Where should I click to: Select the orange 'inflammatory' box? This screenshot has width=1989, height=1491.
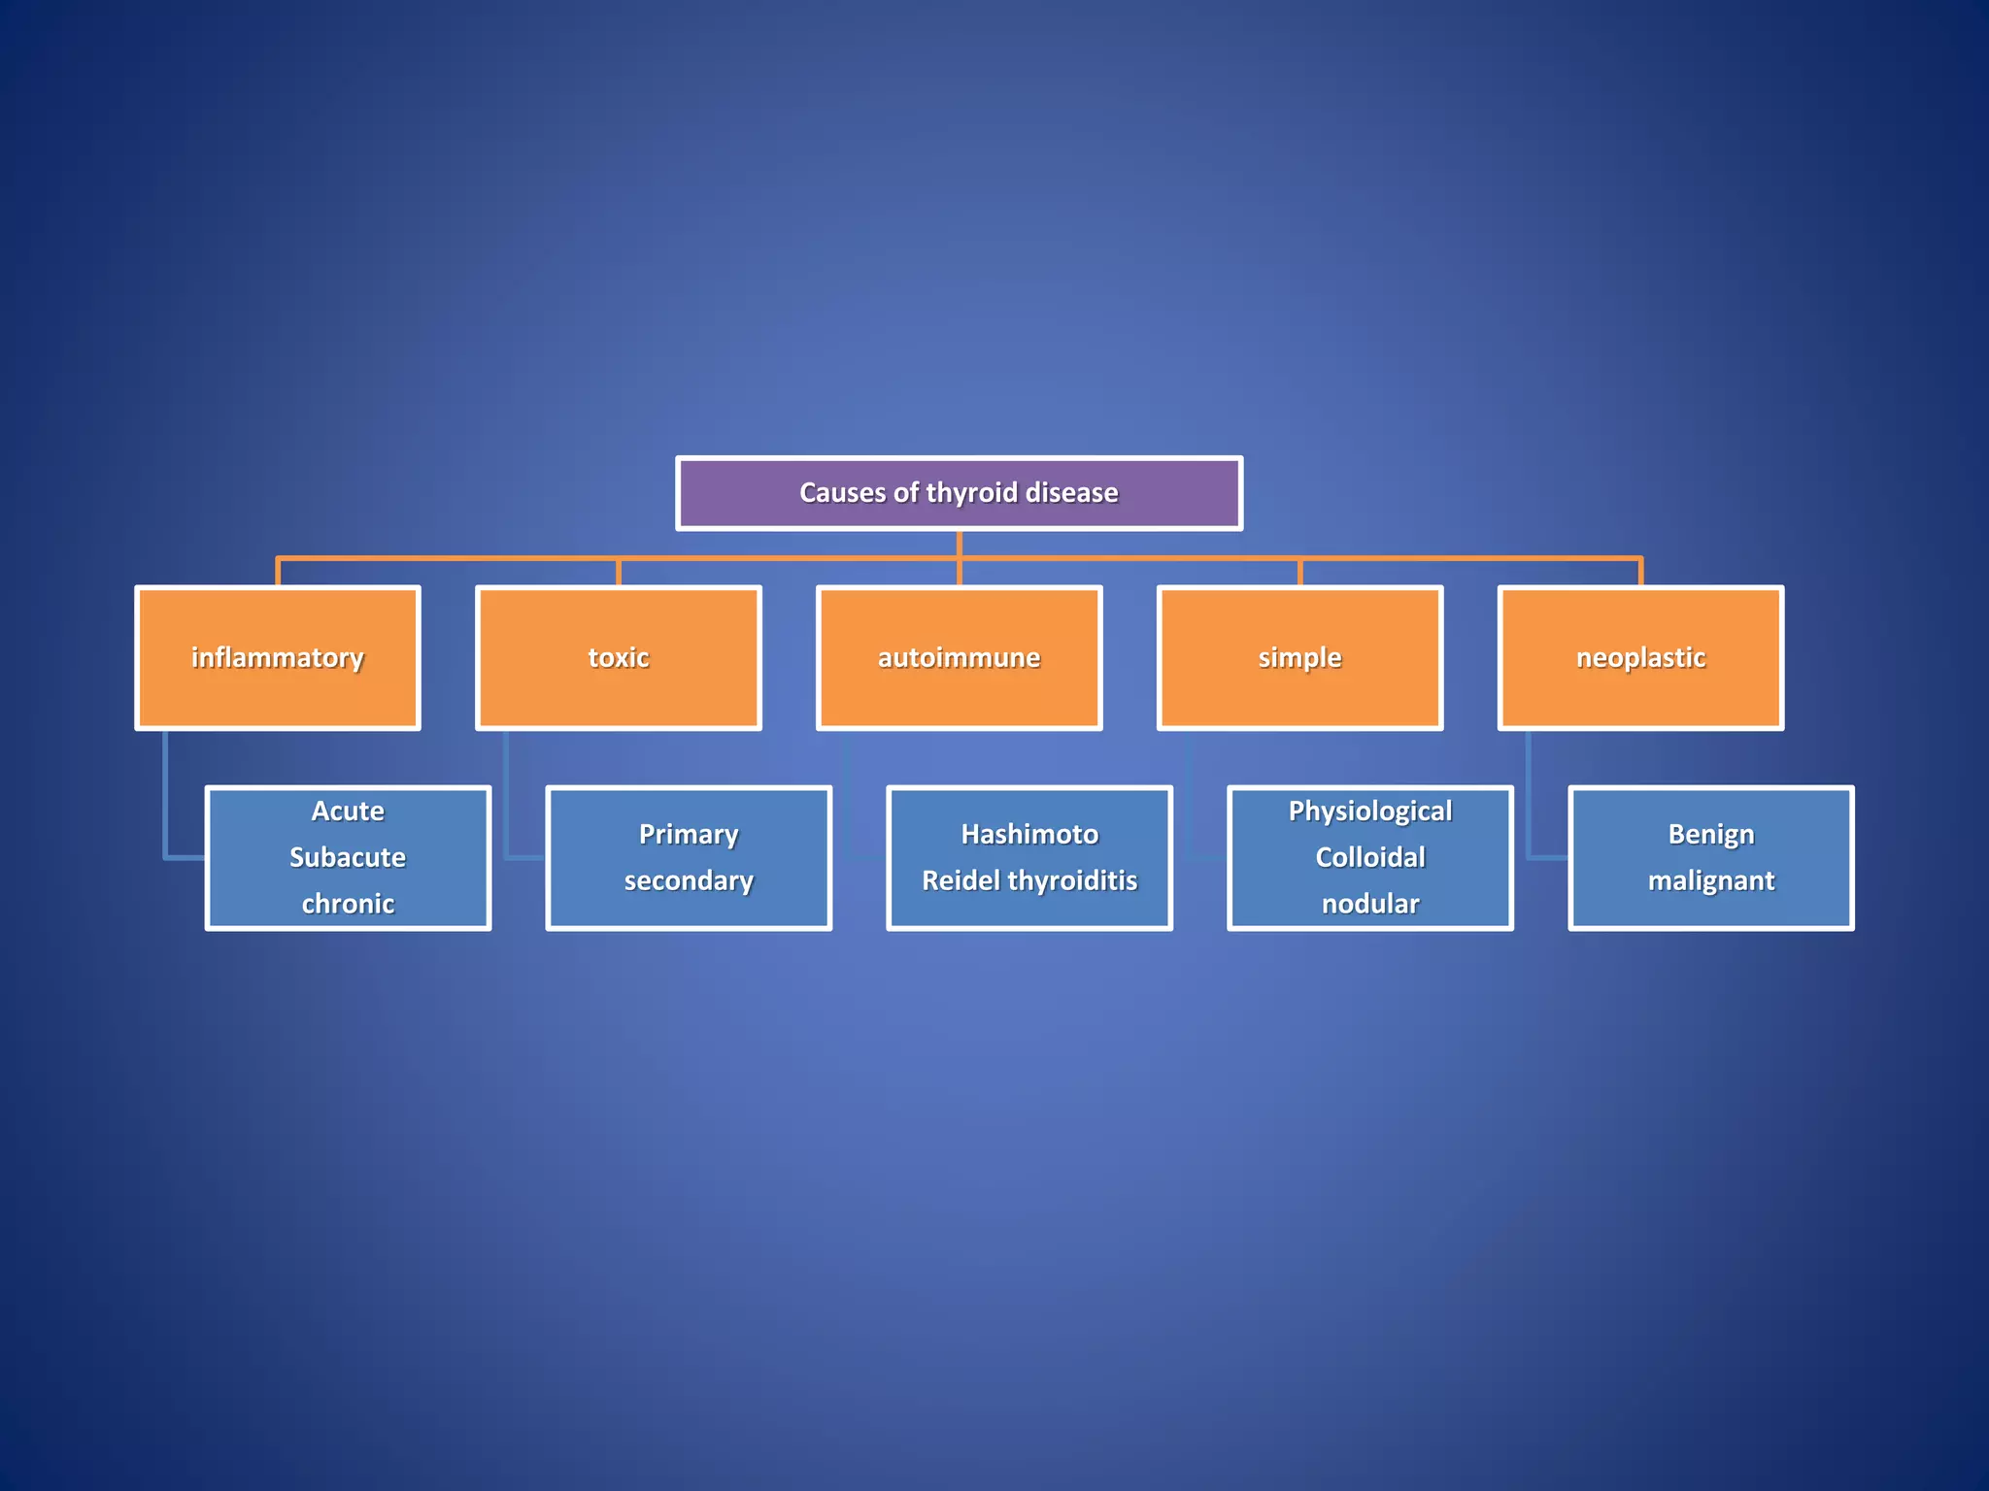[x=278, y=657]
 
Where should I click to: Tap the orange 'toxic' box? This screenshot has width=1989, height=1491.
[x=619, y=657]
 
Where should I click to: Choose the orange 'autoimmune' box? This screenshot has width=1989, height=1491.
[x=960, y=657]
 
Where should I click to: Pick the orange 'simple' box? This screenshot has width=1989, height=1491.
[x=1299, y=657]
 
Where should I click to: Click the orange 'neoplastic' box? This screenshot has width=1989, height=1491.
[x=1640, y=657]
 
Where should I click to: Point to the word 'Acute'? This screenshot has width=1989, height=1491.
[x=348, y=811]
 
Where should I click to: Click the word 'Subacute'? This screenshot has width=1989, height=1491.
[x=348, y=857]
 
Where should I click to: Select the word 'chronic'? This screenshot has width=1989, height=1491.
[x=348, y=904]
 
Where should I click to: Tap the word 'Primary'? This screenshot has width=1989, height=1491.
[x=689, y=834]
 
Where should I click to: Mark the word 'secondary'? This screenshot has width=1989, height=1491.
[x=689, y=880]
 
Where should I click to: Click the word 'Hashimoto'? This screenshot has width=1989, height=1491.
[x=1029, y=834]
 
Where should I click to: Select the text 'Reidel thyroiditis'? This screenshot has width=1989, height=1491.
[x=1029, y=880]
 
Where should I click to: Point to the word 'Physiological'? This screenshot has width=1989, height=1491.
[x=1370, y=811]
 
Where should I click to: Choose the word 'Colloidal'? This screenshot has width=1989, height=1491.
[x=1370, y=857]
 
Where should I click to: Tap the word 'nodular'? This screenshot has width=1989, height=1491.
[x=1370, y=904]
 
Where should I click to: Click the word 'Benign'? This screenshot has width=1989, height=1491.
[x=1711, y=834]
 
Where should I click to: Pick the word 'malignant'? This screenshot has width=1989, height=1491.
[x=1711, y=880]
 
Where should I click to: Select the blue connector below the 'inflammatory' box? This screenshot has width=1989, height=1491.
[x=166, y=796]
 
